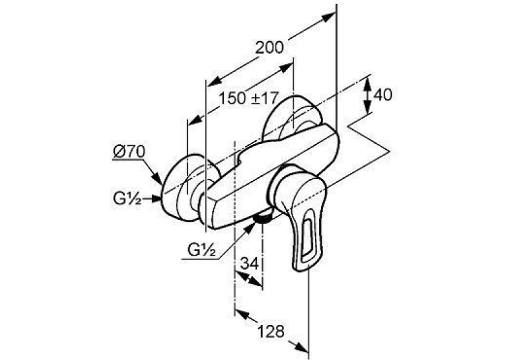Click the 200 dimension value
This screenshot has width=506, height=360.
(269, 48)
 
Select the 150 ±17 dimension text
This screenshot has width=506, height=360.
(248, 98)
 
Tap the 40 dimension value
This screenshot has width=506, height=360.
(382, 94)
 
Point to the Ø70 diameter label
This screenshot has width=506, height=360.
(129, 152)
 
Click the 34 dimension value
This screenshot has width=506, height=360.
(250, 264)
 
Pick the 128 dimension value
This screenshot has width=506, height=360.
(271, 331)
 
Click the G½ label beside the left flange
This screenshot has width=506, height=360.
(127, 199)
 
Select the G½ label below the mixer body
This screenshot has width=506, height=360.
(201, 250)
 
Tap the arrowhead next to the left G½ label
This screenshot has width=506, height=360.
(156, 199)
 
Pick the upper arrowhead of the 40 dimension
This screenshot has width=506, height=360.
(367, 83)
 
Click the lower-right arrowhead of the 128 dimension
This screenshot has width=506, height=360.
(302, 347)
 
